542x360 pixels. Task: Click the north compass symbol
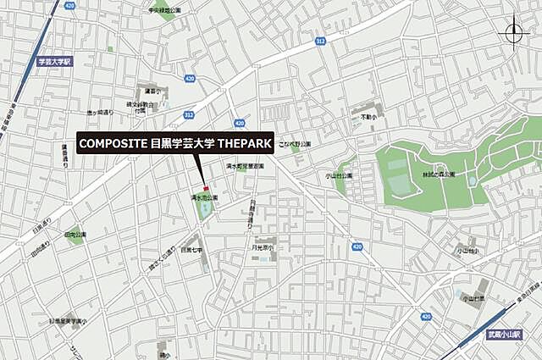(514, 33)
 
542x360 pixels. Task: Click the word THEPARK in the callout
(245, 144)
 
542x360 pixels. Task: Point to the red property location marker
(204, 187)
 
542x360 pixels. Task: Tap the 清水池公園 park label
(203, 197)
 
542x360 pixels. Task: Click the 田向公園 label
(75, 234)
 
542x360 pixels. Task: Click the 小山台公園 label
(339, 175)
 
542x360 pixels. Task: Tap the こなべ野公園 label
(296, 144)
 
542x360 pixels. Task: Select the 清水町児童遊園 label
(245, 167)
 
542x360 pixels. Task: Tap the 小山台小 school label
(467, 252)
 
